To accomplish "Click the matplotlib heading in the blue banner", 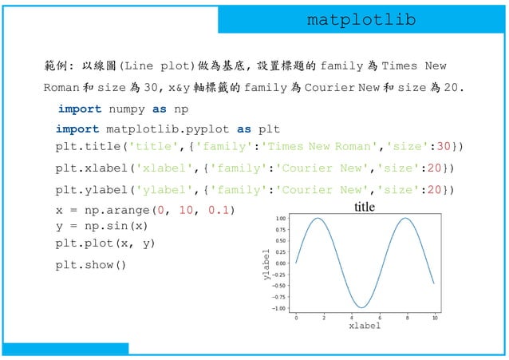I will [361, 20].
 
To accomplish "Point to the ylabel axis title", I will [266, 264].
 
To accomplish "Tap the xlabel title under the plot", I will [365, 326].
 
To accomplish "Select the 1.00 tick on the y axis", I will [281, 218].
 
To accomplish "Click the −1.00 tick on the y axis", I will [279, 308].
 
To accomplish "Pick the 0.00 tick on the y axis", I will [281, 263].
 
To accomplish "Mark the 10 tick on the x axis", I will [434, 317].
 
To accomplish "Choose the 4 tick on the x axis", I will [351, 317].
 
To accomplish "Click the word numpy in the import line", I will [128, 109].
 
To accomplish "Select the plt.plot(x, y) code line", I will [105, 243].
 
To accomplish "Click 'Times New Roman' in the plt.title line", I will [318, 146].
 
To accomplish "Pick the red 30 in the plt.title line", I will [446, 146].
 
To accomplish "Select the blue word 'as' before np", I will [159, 109].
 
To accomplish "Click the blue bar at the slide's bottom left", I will [65, 349].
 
